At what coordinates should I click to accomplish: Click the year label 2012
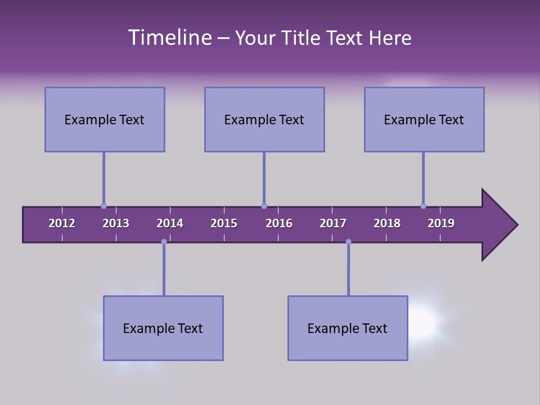pos(62,223)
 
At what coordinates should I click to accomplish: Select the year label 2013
pos(116,223)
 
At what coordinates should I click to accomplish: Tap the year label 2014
pos(170,223)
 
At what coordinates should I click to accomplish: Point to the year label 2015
pos(224,223)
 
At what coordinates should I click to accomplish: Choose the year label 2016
pos(279,223)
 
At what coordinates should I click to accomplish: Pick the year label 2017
pos(333,223)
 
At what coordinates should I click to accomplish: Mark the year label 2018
pos(387,223)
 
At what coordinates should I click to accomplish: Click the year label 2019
pos(441,223)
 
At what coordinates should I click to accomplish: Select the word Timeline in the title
pos(169,38)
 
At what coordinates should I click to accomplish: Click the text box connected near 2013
pos(105,119)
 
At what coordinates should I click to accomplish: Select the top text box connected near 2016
pos(264,119)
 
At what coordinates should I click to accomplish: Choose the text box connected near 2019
pos(424,119)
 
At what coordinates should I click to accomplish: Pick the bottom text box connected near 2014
pos(163,328)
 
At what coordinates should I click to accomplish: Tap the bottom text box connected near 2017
pos(348,328)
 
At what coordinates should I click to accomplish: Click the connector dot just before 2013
pos(103,206)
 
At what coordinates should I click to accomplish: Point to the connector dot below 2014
pos(164,242)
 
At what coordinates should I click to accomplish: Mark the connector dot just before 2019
pos(423,206)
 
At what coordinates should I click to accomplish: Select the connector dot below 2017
pos(348,242)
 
